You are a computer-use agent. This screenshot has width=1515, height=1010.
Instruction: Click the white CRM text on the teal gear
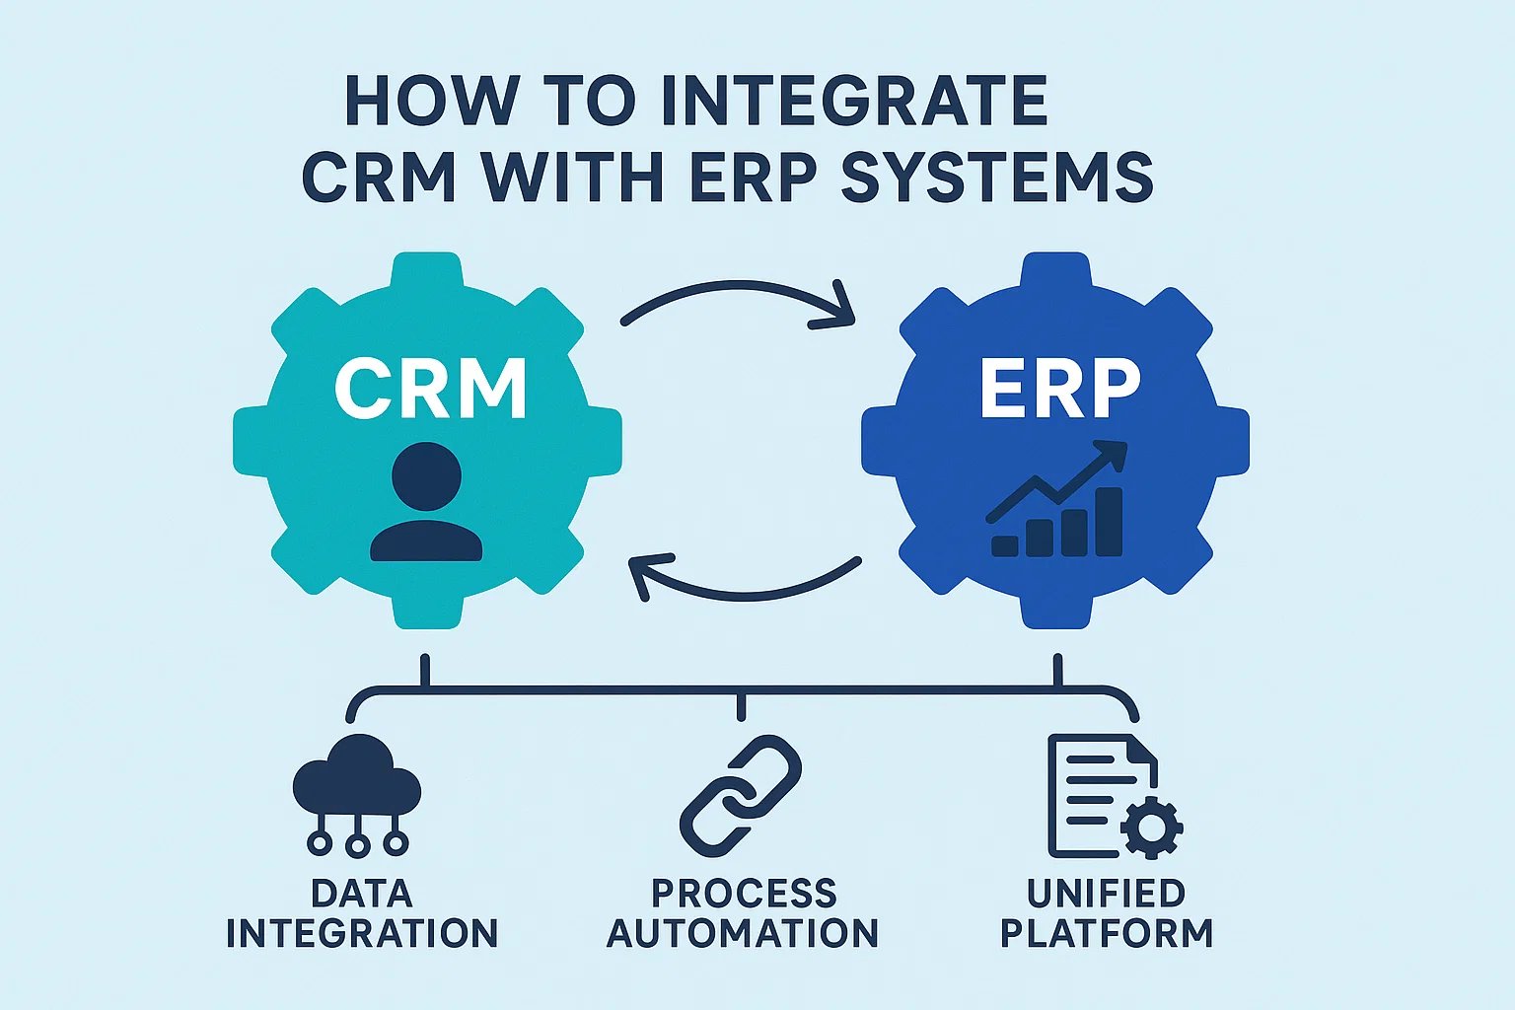pyautogui.click(x=430, y=389)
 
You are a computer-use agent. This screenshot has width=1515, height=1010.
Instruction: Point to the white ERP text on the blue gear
pyautogui.click(x=1060, y=389)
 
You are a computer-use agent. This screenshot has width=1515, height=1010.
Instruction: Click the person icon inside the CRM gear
pyautogui.click(x=426, y=503)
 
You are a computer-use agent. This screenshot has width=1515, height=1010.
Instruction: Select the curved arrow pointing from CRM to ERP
pyautogui.click(x=740, y=300)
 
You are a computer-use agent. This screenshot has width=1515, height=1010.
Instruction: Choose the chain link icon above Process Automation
pyautogui.click(x=741, y=794)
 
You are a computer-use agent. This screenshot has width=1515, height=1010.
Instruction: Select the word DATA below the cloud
pyautogui.click(x=361, y=894)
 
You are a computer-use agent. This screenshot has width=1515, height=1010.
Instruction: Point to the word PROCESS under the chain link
pyautogui.click(x=744, y=894)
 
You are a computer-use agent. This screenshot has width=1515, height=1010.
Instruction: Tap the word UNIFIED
pyautogui.click(x=1106, y=894)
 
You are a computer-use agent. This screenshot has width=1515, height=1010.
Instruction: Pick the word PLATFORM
pyautogui.click(x=1106, y=933)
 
